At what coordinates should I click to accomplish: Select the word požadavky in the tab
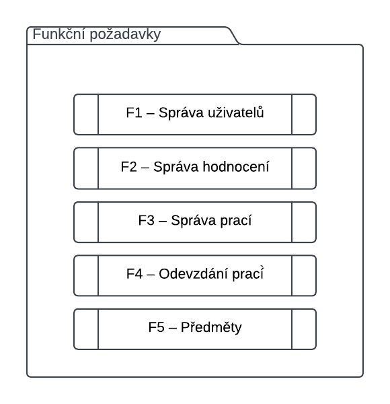(125, 35)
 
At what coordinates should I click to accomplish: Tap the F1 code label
(134, 113)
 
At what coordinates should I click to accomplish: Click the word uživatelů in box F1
(236, 112)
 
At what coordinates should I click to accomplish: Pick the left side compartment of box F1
(86, 114)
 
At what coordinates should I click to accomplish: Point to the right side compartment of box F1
(304, 114)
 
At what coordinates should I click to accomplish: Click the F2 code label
(129, 167)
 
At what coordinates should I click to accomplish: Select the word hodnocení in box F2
(236, 166)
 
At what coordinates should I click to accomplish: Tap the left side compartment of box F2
(86, 168)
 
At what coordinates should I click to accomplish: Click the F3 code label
(147, 221)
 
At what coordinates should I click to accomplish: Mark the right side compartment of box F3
(304, 222)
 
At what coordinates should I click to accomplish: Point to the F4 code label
(134, 273)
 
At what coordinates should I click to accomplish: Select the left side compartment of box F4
(86, 275)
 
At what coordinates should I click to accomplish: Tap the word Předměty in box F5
(211, 327)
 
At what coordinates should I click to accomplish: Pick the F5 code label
(157, 327)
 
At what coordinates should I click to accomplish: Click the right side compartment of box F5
(304, 329)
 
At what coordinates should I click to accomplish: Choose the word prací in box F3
(236, 222)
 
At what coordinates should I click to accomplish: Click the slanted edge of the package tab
(233, 36)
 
